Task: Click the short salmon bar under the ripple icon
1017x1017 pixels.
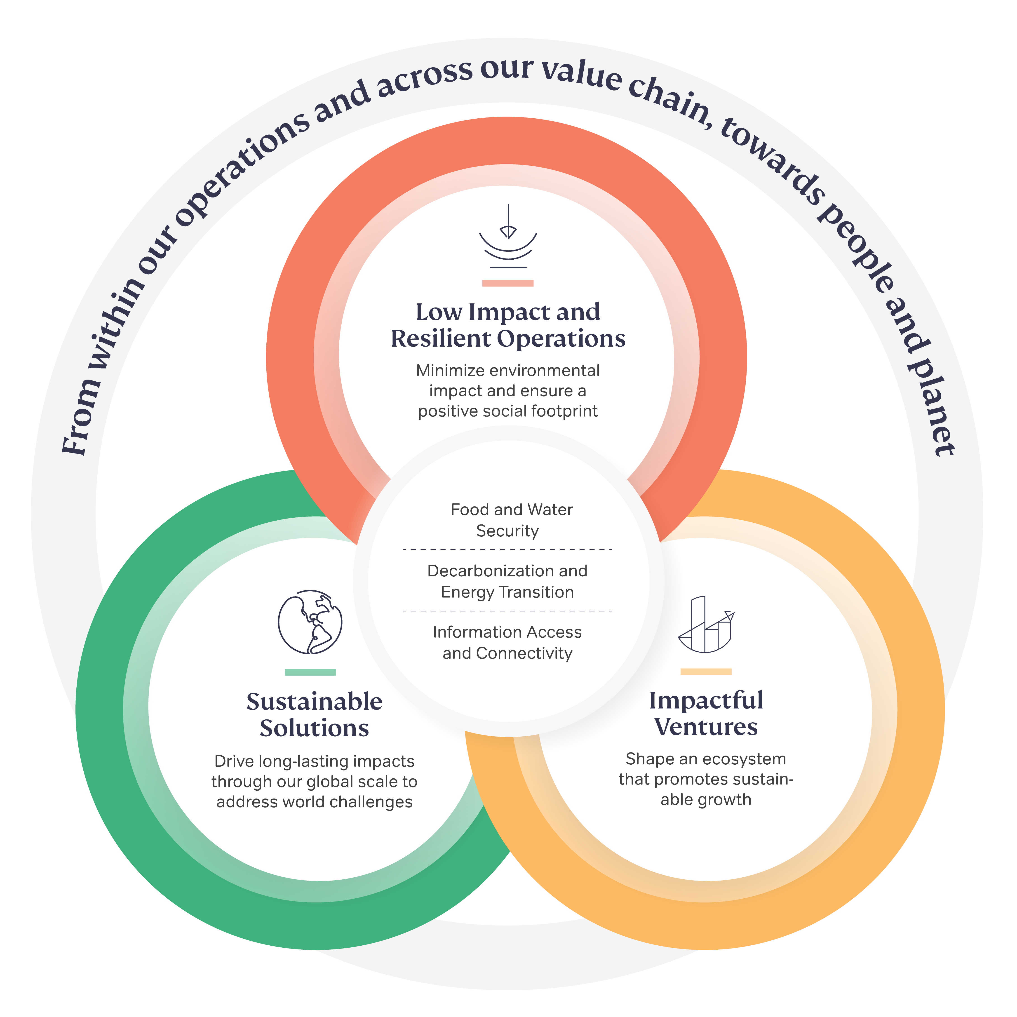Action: tap(508, 283)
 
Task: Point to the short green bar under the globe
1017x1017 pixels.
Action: tap(310, 672)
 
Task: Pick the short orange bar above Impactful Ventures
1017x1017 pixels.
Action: tap(706, 672)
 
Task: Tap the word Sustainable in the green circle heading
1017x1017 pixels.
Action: tap(314, 702)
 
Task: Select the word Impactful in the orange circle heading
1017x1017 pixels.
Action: tap(706, 700)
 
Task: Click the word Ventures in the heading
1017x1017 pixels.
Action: tap(706, 727)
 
